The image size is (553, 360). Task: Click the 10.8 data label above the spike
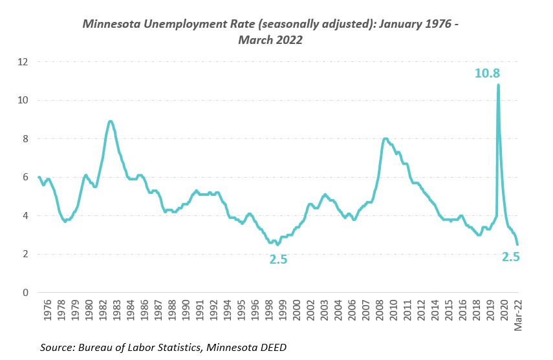click(x=487, y=74)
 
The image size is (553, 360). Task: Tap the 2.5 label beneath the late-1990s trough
click(x=278, y=260)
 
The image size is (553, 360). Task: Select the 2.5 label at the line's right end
click(x=511, y=257)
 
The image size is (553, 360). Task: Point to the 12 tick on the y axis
click(x=24, y=62)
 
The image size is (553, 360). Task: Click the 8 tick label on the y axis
click(x=26, y=139)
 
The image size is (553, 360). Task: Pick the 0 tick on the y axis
click(x=26, y=293)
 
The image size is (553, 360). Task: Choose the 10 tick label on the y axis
click(x=24, y=100)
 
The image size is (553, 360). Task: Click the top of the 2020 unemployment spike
click(x=498, y=85)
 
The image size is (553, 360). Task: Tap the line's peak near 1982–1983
click(x=111, y=121)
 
